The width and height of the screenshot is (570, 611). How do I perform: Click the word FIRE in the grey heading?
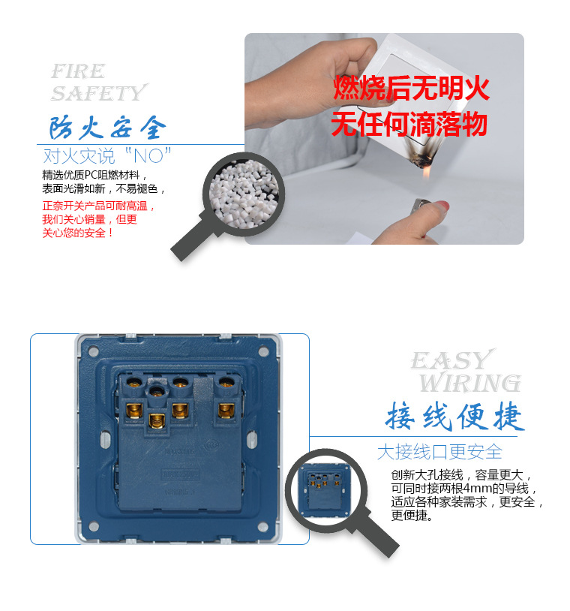(78, 71)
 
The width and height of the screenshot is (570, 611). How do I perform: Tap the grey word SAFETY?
(98, 93)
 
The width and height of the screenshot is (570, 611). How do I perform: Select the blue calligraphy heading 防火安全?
(108, 128)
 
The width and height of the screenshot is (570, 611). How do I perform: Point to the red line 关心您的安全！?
(78, 233)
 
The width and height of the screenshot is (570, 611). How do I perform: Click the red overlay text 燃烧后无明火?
(411, 89)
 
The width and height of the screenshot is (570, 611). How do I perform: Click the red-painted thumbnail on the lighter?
(442, 203)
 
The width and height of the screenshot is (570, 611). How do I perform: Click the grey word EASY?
(451, 360)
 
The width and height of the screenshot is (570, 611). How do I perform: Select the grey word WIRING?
(469, 383)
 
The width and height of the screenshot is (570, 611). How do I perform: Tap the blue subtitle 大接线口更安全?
(439, 452)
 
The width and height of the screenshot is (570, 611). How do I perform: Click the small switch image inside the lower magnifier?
(325, 488)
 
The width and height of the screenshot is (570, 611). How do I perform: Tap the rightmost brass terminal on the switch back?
(224, 411)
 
